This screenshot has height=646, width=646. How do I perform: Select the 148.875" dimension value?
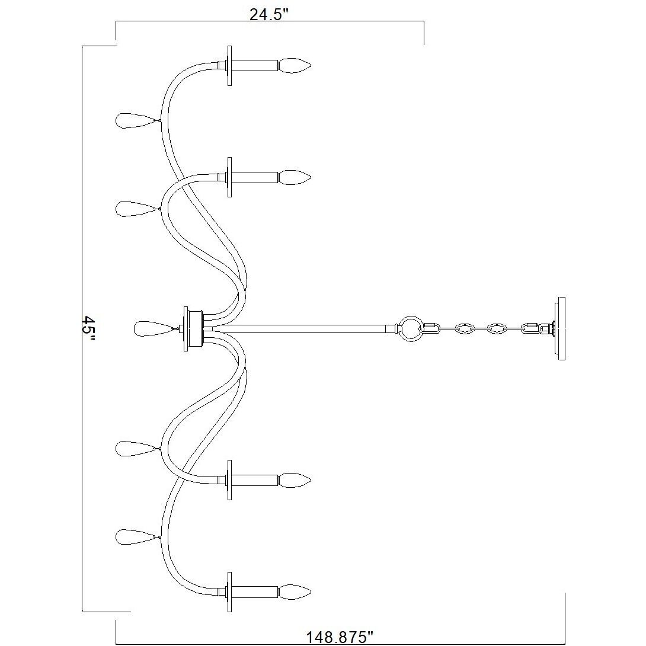click(340, 637)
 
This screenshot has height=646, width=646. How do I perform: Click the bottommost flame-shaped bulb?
click(295, 591)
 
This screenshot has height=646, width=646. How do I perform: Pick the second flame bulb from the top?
click(295, 177)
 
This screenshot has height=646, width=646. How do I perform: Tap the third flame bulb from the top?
click(295, 479)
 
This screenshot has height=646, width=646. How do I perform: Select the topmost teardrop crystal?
click(136, 120)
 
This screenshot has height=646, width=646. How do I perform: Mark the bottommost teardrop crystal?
click(136, 537)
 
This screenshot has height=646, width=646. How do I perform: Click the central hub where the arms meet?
click(194, 328)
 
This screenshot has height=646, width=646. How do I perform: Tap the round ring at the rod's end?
click(409, 328)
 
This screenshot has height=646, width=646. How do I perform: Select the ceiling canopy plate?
click(560, 328)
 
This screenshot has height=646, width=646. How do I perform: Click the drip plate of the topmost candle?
click(229, 65)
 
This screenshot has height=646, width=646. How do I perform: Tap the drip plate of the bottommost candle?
click(229, 592)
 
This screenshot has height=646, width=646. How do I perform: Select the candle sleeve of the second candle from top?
click(254, 177)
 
